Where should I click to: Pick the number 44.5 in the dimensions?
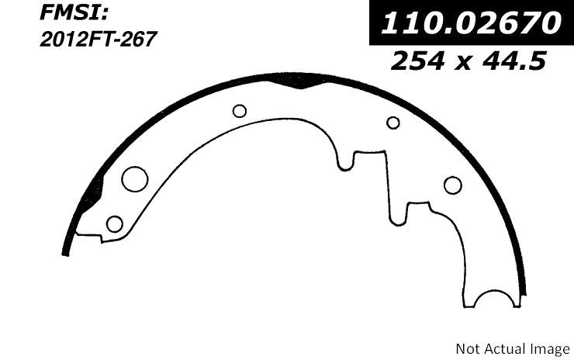pyautogui.click(x=517, y=59)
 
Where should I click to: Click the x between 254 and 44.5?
pyautogui.click(x=469, y=61)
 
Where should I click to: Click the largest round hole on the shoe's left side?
pyautogui.click(x=134, y=179)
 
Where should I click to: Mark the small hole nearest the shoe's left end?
pyautogui.click(x=114, y=224)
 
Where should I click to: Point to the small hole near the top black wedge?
pyautogui.click(x=240, y=111)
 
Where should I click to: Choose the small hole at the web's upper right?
pyautogui.click(x=393, y=122)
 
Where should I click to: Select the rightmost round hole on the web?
pyautogui.click(x=452, y=185)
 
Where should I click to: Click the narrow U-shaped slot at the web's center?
pyautogui.click(x=346, y=160)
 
